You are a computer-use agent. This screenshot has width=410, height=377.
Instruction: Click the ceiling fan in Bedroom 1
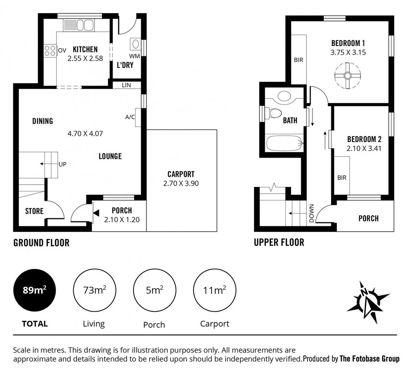click(x=347, y=75)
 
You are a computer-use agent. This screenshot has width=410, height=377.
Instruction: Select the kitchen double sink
click(x=78, y=25)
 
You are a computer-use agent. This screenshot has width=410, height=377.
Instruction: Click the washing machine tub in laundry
click(x=135, y=44)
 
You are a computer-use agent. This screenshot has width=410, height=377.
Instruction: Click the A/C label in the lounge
click(x=130, y=117)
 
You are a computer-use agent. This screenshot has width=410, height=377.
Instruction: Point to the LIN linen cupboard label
click(x=126, y=85)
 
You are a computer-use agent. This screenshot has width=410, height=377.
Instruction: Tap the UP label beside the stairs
click(x=62, y=164)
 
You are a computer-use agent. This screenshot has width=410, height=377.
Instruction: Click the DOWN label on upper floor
click(x=312, y=213)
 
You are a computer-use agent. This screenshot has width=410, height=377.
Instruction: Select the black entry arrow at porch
click(x=96, y=213)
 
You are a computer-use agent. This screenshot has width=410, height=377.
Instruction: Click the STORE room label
click(x=34, y=211)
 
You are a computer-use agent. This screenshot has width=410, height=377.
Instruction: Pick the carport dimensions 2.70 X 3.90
click(x=181, y=184)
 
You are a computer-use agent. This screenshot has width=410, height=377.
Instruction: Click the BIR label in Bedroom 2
click(x=342, y=178)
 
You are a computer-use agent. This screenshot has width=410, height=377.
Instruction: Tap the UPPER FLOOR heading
click(x=279, y=242)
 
